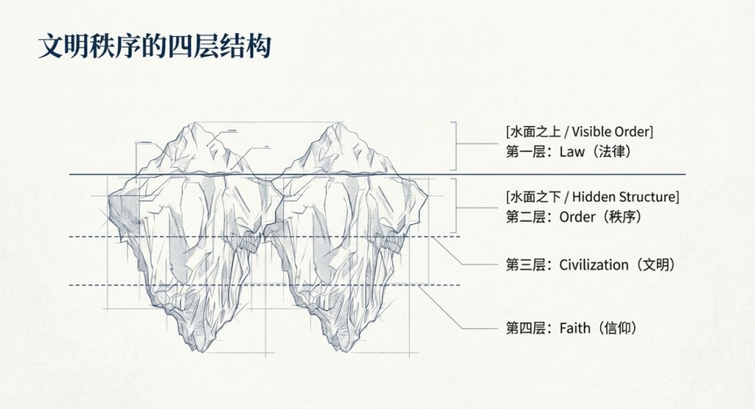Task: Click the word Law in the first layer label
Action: [573, 152]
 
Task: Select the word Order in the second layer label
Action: [577, 217]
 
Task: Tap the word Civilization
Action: [594, 265]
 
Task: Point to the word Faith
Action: [574, 328]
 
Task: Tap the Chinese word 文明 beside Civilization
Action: [655, 265]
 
